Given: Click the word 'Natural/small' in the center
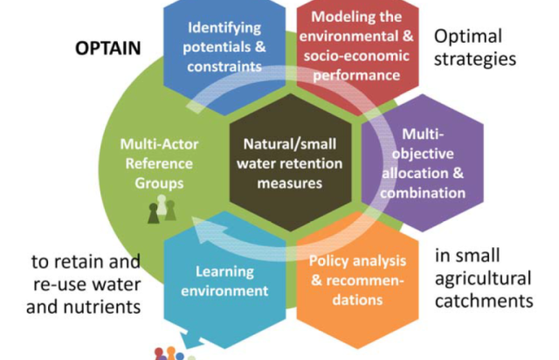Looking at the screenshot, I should point(283,143).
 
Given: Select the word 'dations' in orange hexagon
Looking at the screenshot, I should point(350,300).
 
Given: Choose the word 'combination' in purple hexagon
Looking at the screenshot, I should point(428,192).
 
